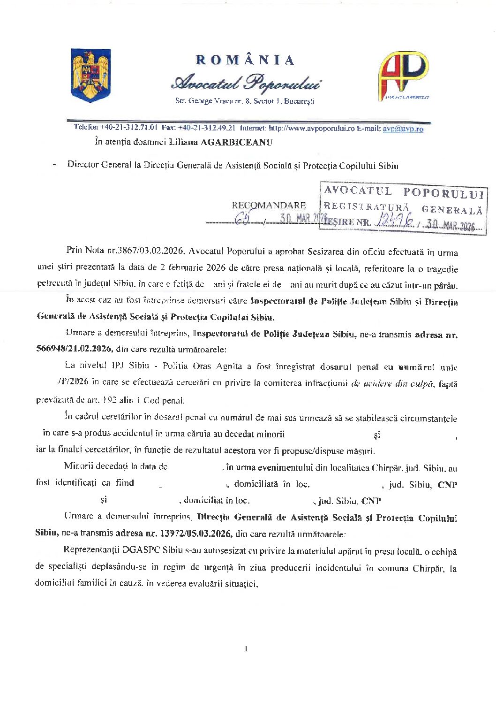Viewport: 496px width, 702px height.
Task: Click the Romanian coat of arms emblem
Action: pos(90,75)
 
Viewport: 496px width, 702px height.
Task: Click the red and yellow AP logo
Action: pos(403,75)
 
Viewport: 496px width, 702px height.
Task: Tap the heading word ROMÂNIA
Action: pos(245,60)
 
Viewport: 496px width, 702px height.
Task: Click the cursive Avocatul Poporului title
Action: pos(246,83)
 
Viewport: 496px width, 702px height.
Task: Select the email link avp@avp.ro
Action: pos(403,129)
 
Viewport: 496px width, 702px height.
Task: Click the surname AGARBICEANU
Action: pos(236,142)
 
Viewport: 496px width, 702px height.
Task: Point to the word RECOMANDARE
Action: pos(269,206)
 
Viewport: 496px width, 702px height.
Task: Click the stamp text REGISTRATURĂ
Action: pos(366,207)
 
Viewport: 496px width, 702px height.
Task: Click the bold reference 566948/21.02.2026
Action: pos(74,349)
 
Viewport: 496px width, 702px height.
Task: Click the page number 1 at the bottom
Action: pos(246,649)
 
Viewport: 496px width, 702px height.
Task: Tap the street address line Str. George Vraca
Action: pos(245,101)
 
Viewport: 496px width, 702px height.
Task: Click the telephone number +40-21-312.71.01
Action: pos(129,127)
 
